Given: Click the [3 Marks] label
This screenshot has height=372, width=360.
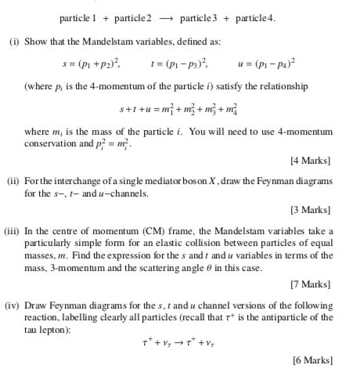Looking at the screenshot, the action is click(x=311, y=211).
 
